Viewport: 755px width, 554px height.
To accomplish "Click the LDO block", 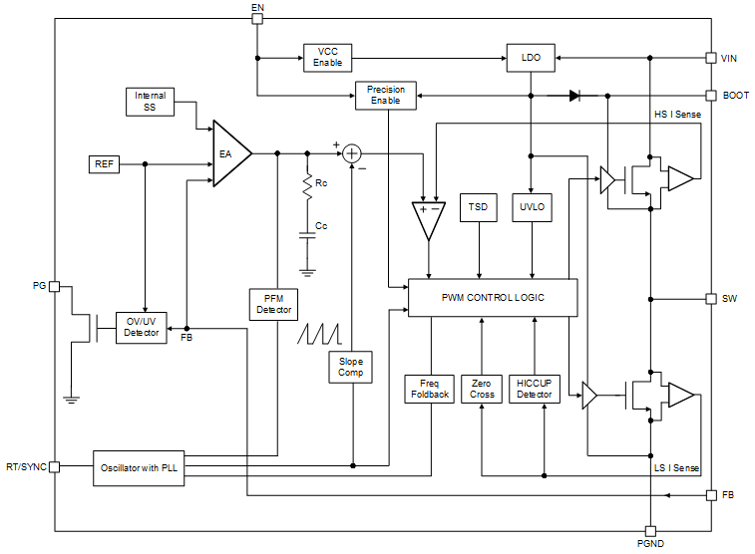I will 531,58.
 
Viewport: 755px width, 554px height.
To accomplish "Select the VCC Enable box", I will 328,58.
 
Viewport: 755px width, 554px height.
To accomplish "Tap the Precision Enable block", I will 386,96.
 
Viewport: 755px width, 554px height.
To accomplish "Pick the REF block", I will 104,163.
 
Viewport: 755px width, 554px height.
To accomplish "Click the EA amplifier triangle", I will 229,153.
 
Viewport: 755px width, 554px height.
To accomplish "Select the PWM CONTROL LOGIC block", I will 493,298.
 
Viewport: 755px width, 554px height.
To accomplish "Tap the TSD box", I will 479,208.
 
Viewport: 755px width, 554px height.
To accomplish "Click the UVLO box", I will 531,208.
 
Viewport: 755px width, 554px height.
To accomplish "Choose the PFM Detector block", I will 274,304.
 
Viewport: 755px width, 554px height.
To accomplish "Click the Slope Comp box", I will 351,367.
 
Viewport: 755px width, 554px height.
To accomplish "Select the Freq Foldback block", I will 429,389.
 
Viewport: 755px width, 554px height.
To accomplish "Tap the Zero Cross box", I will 482,389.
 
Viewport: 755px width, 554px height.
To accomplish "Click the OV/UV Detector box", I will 141,326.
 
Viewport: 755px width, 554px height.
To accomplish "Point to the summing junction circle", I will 352,153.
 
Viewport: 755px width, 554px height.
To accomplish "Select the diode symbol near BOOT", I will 574,96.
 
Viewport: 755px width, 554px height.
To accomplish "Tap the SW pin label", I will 729,299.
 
